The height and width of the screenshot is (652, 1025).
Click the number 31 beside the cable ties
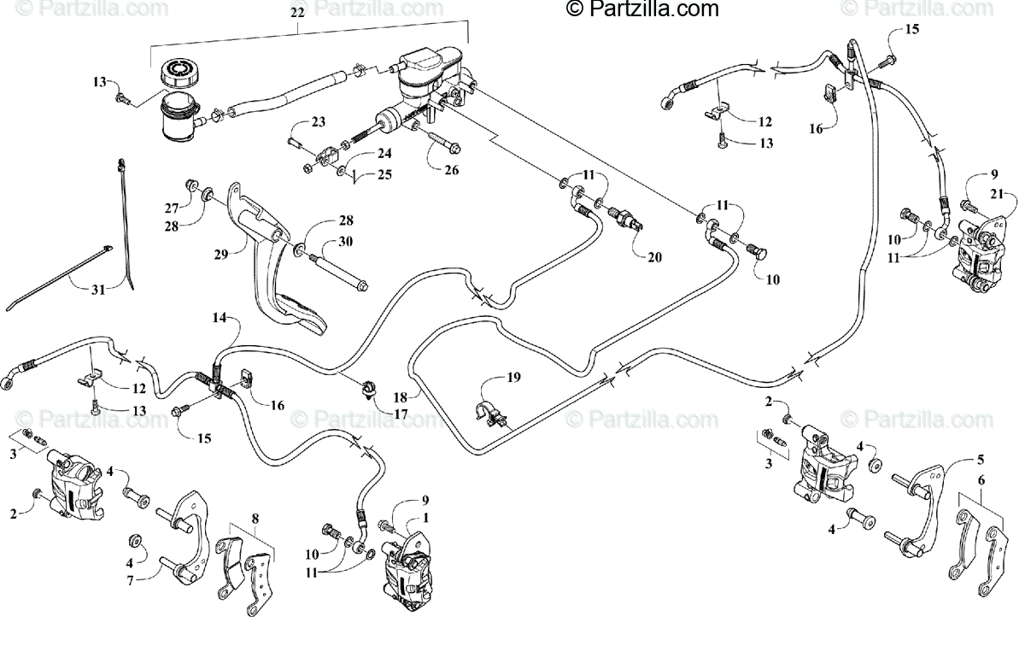(98, 290)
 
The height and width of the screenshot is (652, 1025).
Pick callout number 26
(451, 170)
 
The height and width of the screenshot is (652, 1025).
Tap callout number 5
(981, 459)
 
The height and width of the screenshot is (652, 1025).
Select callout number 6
(981, 481)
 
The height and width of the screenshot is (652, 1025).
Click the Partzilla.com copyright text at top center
(642, 9)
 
